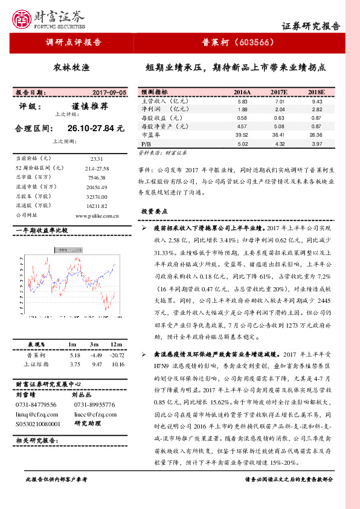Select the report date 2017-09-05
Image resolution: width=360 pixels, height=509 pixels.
click(109, 92)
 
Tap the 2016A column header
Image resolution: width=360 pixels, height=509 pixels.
click(242, 92)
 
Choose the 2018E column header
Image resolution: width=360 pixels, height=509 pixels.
click(317, 92)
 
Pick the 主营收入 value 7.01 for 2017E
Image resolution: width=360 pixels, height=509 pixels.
click(278, 102)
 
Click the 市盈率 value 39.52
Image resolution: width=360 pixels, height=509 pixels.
click(242, 135)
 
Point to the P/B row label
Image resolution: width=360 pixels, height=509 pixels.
click(146, 144)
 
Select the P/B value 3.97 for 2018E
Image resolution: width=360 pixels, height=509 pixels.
click(317, 144)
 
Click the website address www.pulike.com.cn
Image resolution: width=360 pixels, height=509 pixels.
click(97, 215)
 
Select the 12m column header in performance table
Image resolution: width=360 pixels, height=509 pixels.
click(117, 344)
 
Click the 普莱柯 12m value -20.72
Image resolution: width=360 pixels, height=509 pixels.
click(117, 355)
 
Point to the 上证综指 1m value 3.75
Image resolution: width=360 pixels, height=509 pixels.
click(75, 365)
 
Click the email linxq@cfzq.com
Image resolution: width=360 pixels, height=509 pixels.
click(37, 414)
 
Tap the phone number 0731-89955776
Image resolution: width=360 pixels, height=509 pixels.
click(94, 404)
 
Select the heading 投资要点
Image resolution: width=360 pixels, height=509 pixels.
click(155, 212)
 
